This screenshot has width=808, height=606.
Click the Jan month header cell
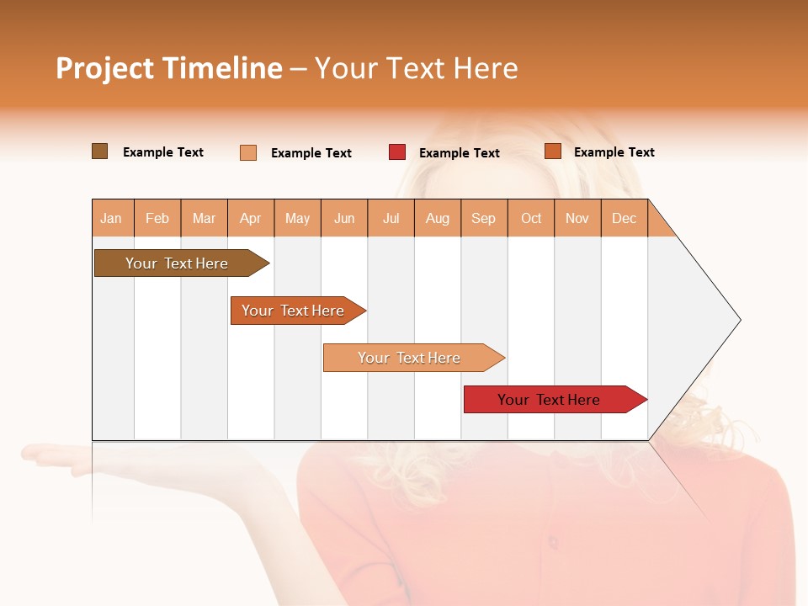click(111, 218)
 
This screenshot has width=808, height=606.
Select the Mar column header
click(204, 218)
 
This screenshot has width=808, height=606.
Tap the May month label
click(297, 218)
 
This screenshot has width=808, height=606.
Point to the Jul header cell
click(391, 218)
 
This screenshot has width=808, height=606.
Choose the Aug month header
click(437, 218)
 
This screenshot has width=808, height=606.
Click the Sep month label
click(483, 218)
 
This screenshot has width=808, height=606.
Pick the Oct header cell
click(531, 218)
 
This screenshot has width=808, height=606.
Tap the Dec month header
click(624, 218)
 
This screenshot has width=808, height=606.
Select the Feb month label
click(157, 218)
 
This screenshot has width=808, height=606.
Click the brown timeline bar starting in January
click(177, 263)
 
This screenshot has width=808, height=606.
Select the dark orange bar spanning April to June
click(293, 311)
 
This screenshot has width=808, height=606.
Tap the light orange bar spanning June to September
click(409, 358)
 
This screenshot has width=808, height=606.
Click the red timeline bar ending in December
click(549, 400)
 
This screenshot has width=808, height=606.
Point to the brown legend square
click(99, 151)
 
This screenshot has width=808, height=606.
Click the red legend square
click(397, 152)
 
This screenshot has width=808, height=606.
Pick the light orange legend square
click(248, 152)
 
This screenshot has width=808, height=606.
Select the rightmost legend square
click(553, 151)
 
